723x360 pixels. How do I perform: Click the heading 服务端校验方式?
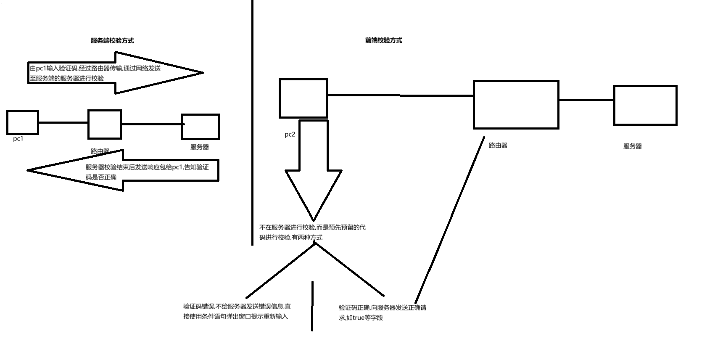(112, 41)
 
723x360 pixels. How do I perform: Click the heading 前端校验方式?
(383, 40)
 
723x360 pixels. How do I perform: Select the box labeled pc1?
(23, 122)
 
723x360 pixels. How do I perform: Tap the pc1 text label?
(18, 139)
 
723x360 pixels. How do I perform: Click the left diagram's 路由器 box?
(105, 124)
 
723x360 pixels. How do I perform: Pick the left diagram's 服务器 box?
(201, 127)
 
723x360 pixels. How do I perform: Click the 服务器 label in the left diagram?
(200, 147)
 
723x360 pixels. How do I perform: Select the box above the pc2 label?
(303, 98)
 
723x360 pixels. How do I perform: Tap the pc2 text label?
(290, 135)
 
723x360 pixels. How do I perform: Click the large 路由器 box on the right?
(516, 104)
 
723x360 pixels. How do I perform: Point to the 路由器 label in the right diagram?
(498, 146)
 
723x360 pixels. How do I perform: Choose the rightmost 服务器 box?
(645, 105)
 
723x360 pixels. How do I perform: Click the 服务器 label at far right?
(633, 146)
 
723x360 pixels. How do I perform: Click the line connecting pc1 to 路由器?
(63, 123)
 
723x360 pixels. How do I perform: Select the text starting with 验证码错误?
(237, 312)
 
